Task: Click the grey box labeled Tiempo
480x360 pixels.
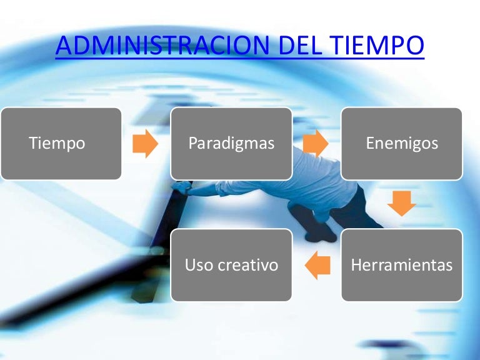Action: (x=61, y=143)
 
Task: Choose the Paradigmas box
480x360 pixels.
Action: (x=231, y=143)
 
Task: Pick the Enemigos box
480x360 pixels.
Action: (x=401, y=143)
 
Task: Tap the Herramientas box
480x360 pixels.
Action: (x=401, y=265)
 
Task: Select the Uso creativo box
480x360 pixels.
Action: (x=231, y=265)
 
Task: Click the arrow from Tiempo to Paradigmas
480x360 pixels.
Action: (x=146, y=144)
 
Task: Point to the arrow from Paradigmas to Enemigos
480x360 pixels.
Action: (x=316, y=144)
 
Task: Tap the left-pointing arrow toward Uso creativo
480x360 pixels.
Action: (x=317, y=265)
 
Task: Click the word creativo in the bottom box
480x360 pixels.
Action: (x=248, y=265)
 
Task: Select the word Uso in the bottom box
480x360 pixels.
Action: (x=199, y=265)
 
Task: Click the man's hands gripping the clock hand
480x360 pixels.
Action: (x=182, y=187)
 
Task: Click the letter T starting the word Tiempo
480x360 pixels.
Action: (x=32, y=143)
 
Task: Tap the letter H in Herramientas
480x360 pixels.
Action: (x=356, y=265)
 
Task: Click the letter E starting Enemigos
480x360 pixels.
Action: (x=370, y=143)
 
